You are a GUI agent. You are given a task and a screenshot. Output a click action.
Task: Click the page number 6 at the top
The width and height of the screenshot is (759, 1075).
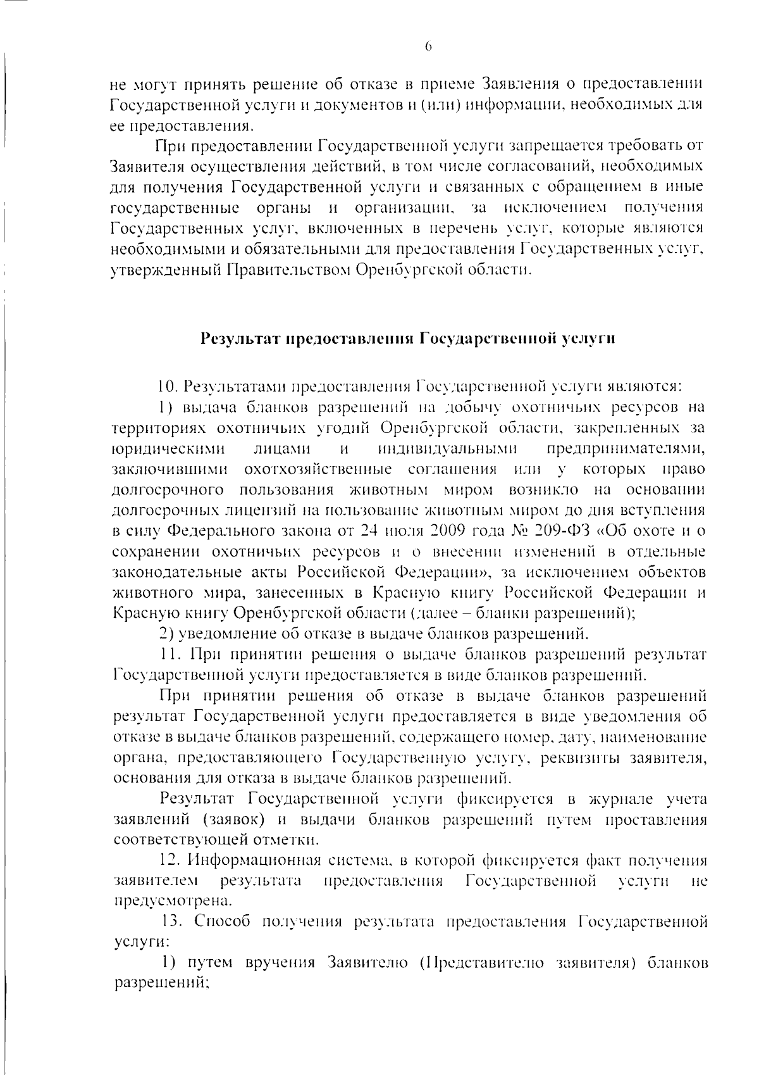click(428, 46)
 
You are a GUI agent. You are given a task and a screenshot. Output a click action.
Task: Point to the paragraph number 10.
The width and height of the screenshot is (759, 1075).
click(168, 386)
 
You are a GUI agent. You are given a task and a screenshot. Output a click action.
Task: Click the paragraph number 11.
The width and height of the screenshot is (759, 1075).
click(170, 653)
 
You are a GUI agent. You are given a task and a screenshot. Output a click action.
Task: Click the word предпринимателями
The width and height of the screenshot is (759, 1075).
click(625, 449)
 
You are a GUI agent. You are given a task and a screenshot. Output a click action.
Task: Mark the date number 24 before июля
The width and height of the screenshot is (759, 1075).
click(368, 531)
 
